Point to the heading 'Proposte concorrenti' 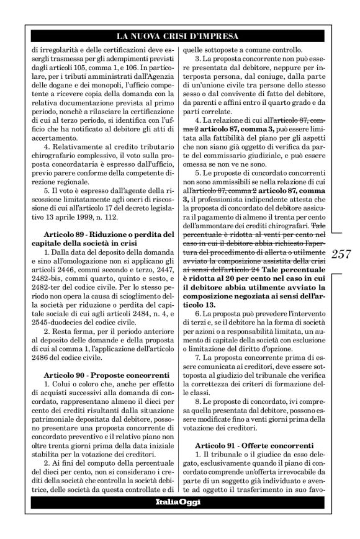coord(124,375)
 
